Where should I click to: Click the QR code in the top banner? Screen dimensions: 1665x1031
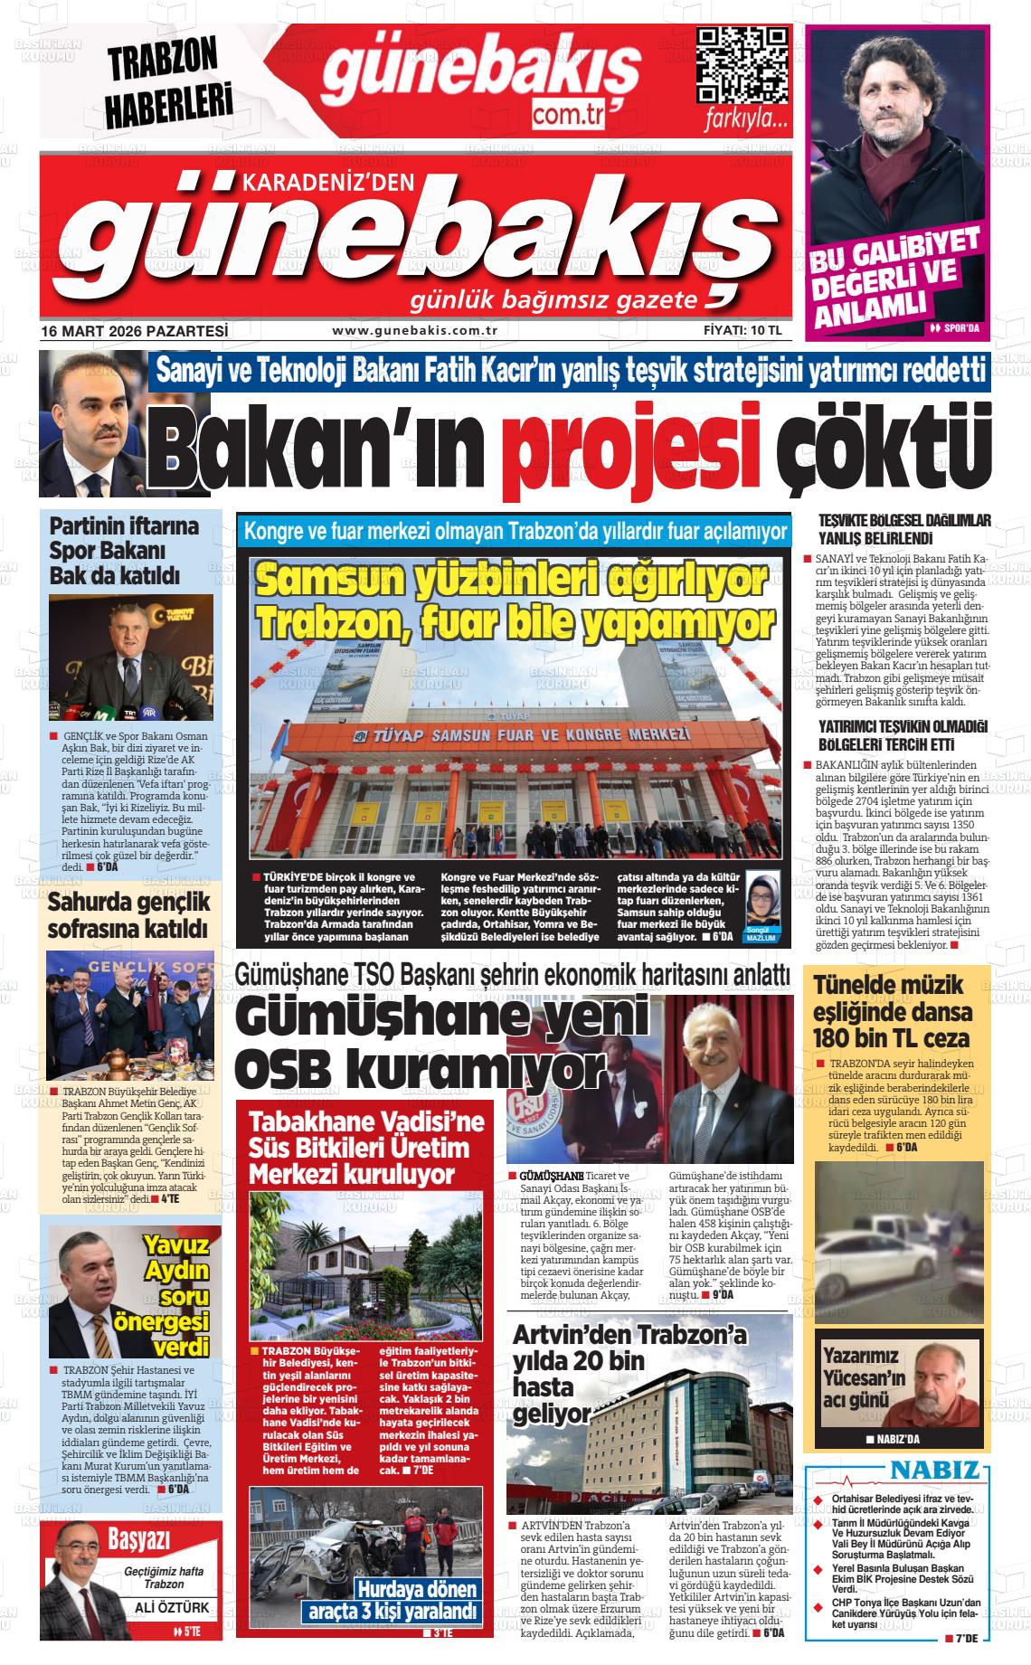(x=742, y=65)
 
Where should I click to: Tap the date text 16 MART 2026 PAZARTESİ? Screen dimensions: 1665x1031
(x=134, y=331)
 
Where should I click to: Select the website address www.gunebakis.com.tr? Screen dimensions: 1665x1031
(x=416, y=331)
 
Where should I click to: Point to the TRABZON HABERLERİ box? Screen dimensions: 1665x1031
(x=165, y=83)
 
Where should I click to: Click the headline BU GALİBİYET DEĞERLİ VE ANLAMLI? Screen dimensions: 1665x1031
(x=894, y=277)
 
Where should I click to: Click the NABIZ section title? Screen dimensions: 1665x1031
(x=935, y=1470)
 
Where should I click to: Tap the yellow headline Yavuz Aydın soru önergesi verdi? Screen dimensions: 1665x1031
(x=177, y=1296)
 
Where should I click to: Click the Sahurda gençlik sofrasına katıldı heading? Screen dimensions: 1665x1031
(x=128, y=914)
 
